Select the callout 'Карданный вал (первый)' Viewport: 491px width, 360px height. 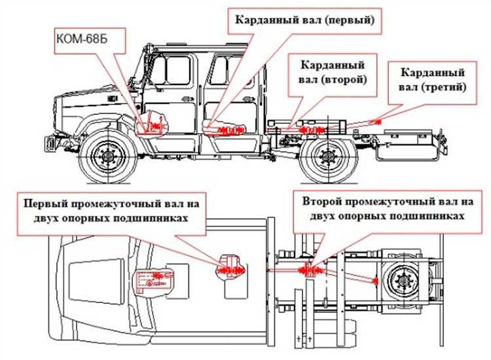click(x=302, y=20)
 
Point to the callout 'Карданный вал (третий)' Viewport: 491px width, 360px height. click(x=431, y=79)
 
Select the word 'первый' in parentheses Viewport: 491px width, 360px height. click(x=348, y=20)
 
